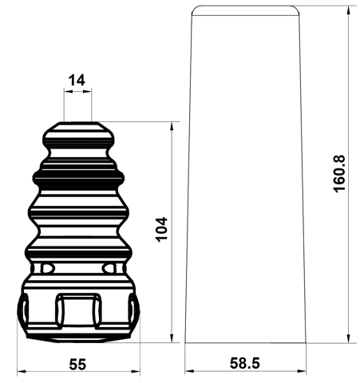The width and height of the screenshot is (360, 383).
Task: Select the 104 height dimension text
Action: [162, 231]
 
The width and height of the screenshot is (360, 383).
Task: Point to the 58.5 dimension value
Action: [244, 364]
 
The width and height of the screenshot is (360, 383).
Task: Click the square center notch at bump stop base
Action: [77, 310]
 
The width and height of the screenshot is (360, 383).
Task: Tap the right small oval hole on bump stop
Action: [109, 267]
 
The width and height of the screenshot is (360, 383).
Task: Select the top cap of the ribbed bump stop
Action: [77, 128]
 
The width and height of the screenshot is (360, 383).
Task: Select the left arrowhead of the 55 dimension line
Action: [20, 372]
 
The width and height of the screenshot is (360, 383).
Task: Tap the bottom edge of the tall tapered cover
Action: [245, 342]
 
